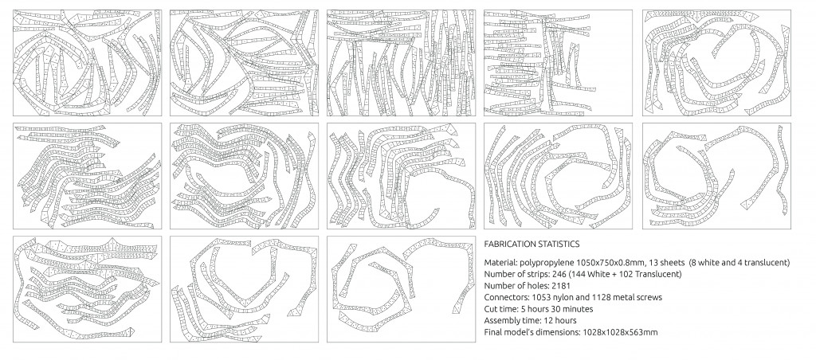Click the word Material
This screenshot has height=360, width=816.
click(502, 263)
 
